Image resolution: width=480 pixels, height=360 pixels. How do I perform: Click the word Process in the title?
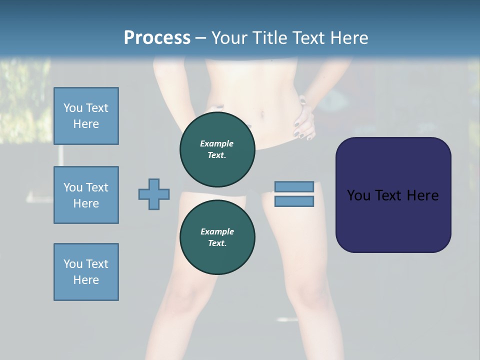[157, 37]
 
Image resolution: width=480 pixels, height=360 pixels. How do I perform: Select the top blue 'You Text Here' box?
[86, 116]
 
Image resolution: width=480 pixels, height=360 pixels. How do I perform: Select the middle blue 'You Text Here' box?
[86, 195]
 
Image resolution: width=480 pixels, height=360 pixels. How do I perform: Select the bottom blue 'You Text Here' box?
[86, 272]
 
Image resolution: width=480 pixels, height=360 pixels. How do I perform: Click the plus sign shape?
[154, 194]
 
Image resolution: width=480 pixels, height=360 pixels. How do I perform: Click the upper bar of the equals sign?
[294, 186]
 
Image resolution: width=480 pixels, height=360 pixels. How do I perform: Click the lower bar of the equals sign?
[294, 201]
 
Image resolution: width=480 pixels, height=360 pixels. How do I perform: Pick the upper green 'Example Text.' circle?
[217, 149]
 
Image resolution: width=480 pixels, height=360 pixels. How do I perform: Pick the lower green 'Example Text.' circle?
[217, 237]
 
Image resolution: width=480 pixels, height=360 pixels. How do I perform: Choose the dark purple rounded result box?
[393, 195]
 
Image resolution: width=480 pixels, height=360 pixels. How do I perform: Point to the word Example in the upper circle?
[217, 143]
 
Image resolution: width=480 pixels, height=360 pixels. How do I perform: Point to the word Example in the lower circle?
[217, 231]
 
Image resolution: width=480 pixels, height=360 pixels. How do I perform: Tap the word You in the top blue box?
[73, 108]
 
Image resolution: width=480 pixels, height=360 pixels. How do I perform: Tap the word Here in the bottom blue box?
[86, 280]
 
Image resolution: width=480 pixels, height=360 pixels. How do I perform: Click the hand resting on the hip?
[304, 120]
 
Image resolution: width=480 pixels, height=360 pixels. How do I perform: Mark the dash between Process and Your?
[200, 37]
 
